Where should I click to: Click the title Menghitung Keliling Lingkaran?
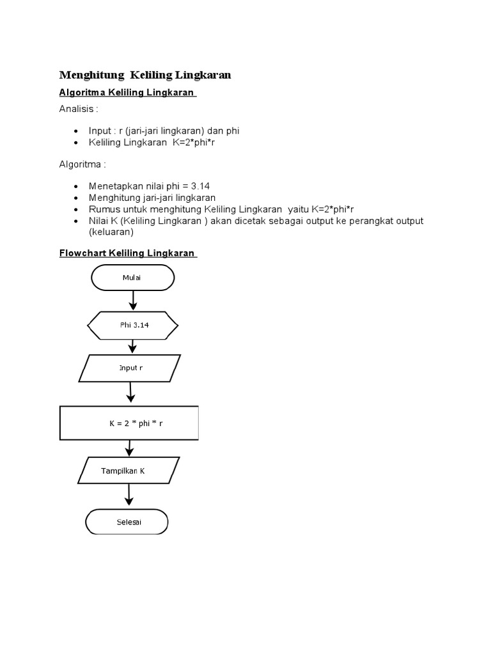click(145, 75)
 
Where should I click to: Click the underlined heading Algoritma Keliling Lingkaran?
click(127, 93)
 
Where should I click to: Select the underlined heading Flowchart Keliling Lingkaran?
click(127, 253)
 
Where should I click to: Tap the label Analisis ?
click(79, 109)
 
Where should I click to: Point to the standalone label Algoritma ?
click(82, 164)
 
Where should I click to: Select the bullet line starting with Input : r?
click(164, 131)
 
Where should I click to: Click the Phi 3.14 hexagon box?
click(133, 326)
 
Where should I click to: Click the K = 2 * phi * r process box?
click(129, 423)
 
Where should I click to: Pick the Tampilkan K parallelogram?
click(124, 471)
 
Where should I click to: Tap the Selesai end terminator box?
click(127, 522)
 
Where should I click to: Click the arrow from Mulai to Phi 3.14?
click(133, 299)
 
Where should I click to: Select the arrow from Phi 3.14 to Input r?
click(133, 346)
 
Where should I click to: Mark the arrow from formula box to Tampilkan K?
click(129, 448)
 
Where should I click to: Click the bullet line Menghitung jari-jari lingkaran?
click(152, 198)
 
